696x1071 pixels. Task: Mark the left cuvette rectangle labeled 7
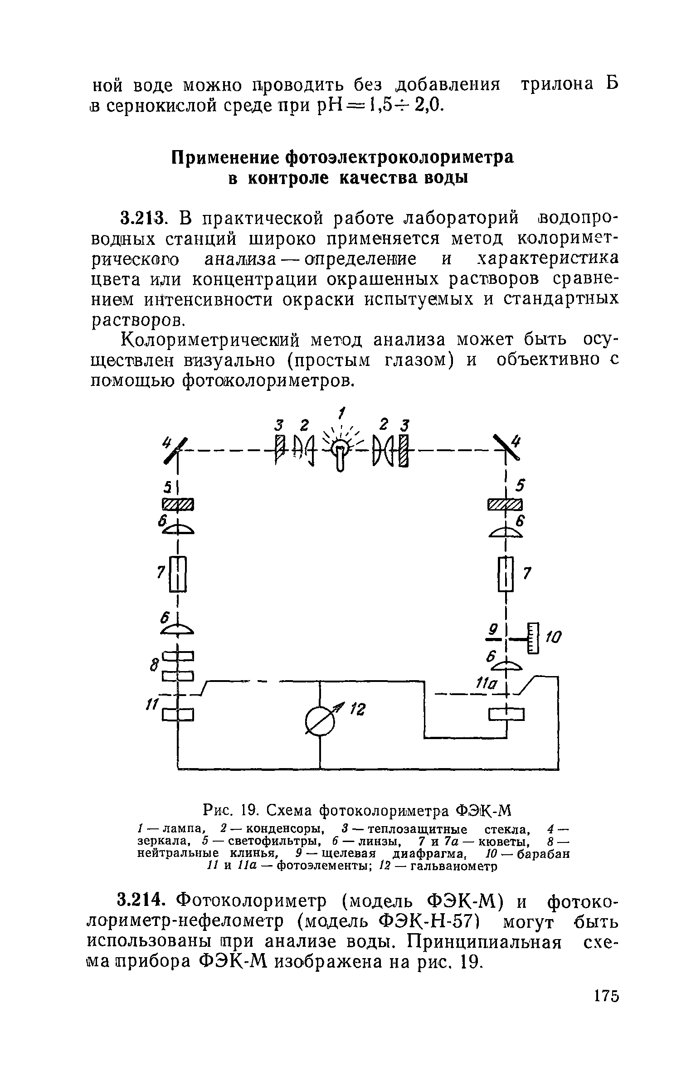(x=178, y=574)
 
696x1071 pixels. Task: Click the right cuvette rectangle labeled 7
(x=506, y=574)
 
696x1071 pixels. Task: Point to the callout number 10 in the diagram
(x=553, y=638)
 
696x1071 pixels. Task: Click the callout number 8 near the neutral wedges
(x=153, y=666)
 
